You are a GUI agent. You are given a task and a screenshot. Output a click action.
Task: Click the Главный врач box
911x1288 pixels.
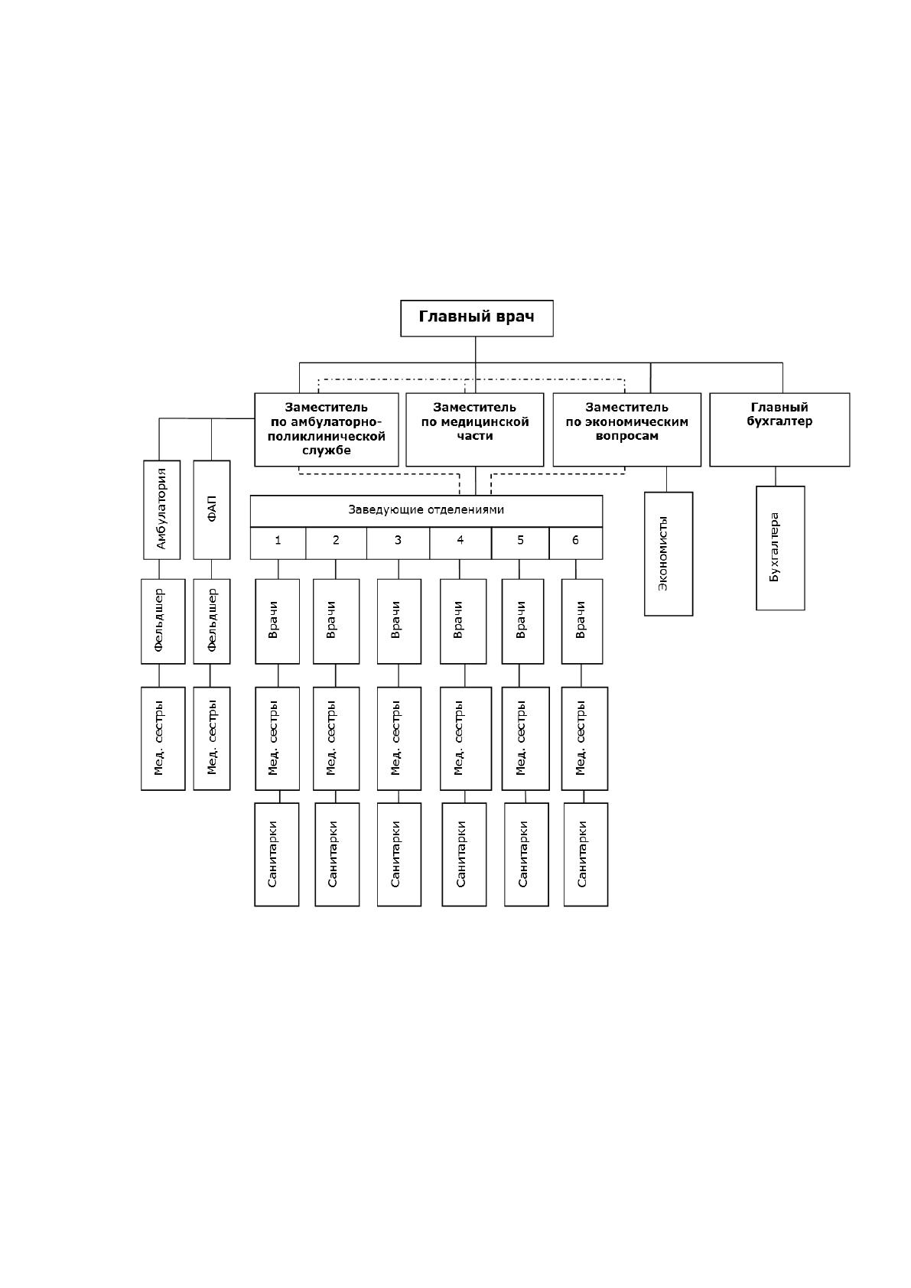click(477, 318)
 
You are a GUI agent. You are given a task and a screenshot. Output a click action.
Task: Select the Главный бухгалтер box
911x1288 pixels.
click(779, 430)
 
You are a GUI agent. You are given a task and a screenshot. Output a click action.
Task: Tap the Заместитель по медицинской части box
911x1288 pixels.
click(474, 430)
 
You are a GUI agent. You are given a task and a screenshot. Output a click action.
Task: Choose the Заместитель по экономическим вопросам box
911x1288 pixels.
click(627, 430)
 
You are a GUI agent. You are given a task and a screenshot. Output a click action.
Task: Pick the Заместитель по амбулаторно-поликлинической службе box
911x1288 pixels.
click(326, 430)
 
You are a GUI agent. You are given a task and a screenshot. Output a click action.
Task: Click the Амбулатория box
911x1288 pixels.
click(161, 509)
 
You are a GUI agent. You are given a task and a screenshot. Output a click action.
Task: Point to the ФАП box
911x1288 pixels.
click(212, 509)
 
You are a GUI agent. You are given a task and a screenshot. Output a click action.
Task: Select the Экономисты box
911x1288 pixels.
click(669, 554)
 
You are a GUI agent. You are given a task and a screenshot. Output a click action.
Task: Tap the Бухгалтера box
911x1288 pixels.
click(780, 548)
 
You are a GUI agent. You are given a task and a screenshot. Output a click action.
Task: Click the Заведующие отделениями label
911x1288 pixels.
click(426, 509)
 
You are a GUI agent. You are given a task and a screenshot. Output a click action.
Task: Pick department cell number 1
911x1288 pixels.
click(278, 543)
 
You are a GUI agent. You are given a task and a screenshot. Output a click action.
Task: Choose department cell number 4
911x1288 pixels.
click(460, 543)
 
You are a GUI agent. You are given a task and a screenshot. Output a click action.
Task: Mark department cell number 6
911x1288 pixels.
click(576, 543)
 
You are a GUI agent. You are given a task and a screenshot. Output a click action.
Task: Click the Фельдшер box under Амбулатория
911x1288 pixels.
click(163, 622)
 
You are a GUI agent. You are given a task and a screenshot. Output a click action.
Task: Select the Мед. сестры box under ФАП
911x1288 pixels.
click(212, 738)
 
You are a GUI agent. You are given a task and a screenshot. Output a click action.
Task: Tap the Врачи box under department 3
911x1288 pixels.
click(399, 622)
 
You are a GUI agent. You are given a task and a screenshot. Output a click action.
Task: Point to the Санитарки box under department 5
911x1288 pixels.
click(526, 854)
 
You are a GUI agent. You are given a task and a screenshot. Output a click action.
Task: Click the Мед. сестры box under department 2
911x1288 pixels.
click(336, 738)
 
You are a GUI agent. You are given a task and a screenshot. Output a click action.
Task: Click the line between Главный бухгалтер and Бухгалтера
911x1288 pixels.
click(776, 476)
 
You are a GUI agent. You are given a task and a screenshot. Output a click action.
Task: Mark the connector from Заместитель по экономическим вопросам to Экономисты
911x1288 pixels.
click(666, 479)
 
